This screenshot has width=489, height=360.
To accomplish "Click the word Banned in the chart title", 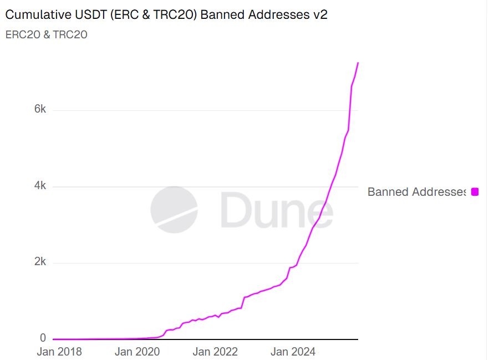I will point(221,14).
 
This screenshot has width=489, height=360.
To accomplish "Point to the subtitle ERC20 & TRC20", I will point(46,34).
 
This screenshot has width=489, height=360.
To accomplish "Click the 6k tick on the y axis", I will point(40,109).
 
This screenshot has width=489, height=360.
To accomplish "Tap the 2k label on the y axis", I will point(40,262).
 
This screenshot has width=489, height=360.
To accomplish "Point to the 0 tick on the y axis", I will point(43,337).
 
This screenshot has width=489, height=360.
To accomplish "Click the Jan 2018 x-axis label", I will point(59,352).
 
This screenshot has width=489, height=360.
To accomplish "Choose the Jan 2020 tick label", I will point(137,352).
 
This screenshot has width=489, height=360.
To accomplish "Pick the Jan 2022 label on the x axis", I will point(215,352).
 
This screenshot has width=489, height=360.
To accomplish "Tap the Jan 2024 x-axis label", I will point(293,352).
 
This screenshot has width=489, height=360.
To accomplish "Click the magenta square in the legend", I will point(475,192).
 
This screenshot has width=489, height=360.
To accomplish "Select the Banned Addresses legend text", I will point(416,192).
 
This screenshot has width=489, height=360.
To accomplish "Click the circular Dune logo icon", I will point(174,210).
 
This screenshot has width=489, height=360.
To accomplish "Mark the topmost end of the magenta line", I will point(358,63).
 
